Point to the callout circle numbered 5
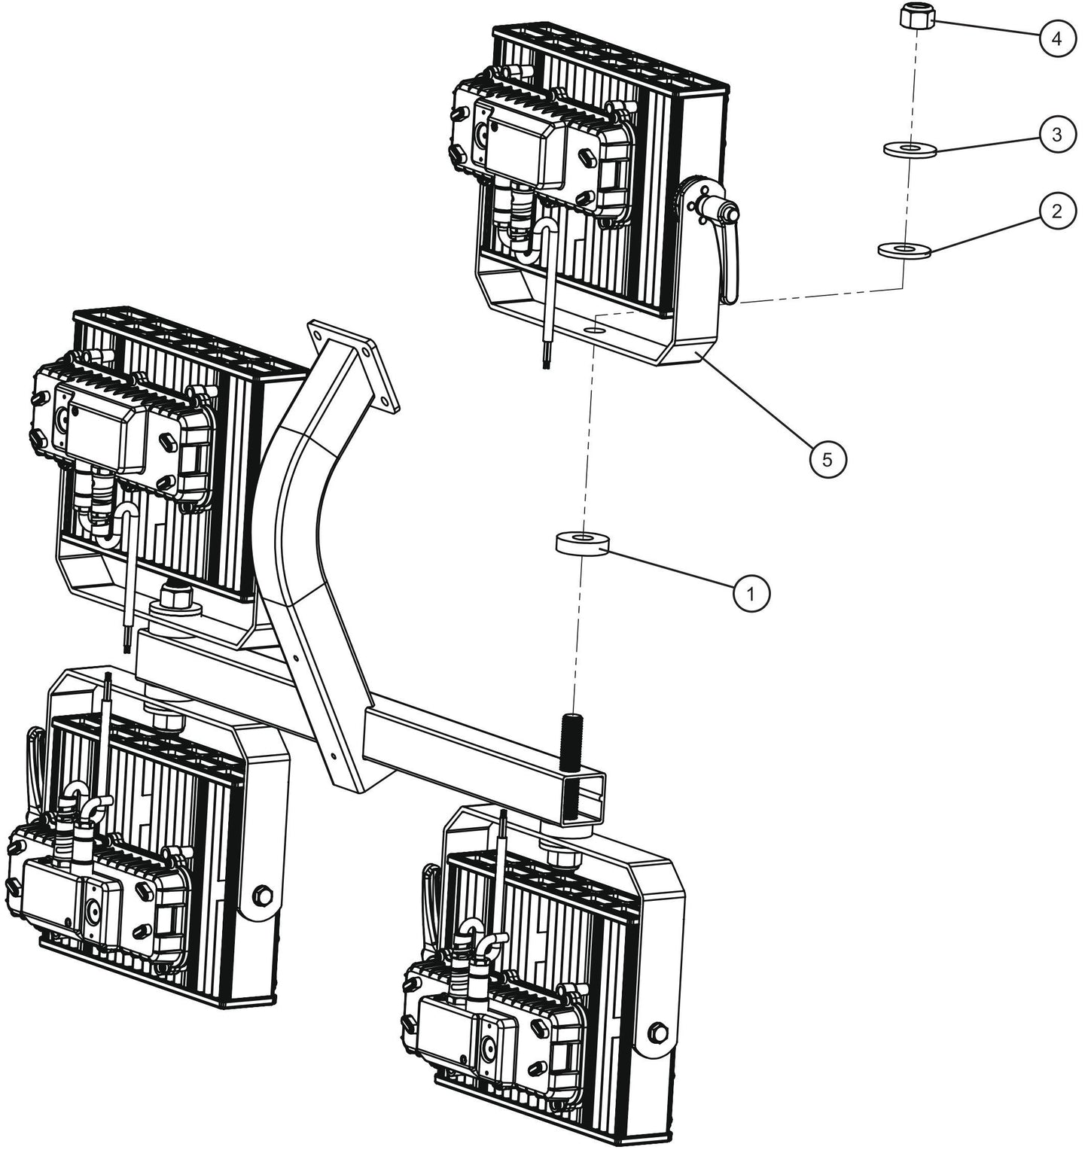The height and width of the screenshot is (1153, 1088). click(827, 459)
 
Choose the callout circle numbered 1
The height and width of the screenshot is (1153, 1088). click(751, 593)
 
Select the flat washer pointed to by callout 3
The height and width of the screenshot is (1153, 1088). click(910, 150)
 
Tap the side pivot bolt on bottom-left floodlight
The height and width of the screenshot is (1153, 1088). click(263, 896)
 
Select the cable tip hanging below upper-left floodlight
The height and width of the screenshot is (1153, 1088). click(126, 643)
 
